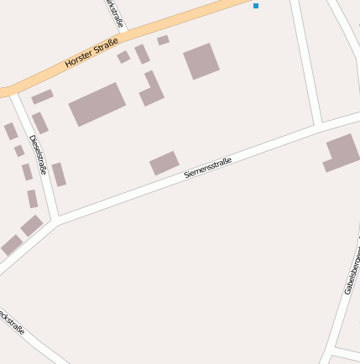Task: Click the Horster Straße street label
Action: click(x=91, y=52)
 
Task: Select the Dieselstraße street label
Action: click(x=38, y=153)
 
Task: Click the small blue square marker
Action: click(x=256, y=6)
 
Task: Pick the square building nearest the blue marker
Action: click(x=201, y=60)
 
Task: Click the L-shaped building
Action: click(x=151, y=90)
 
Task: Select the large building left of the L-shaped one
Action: click(x=97, y=104)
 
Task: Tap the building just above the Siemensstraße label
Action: click(x=164, y=163)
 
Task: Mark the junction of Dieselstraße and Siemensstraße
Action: click(x=55, y=221)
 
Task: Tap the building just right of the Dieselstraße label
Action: click(x=59, y=174)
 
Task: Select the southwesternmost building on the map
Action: click(x=12, y=245)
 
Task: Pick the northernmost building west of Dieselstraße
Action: click(x=10, y=132)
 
